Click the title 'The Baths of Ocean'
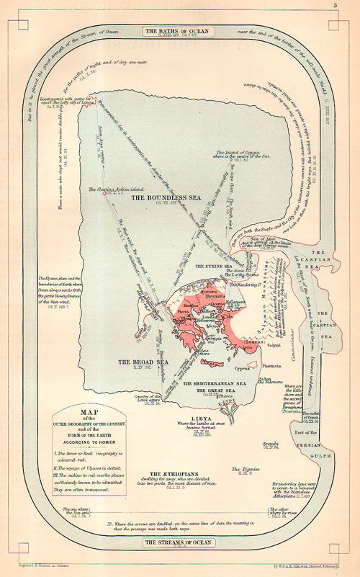pos(179,32)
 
